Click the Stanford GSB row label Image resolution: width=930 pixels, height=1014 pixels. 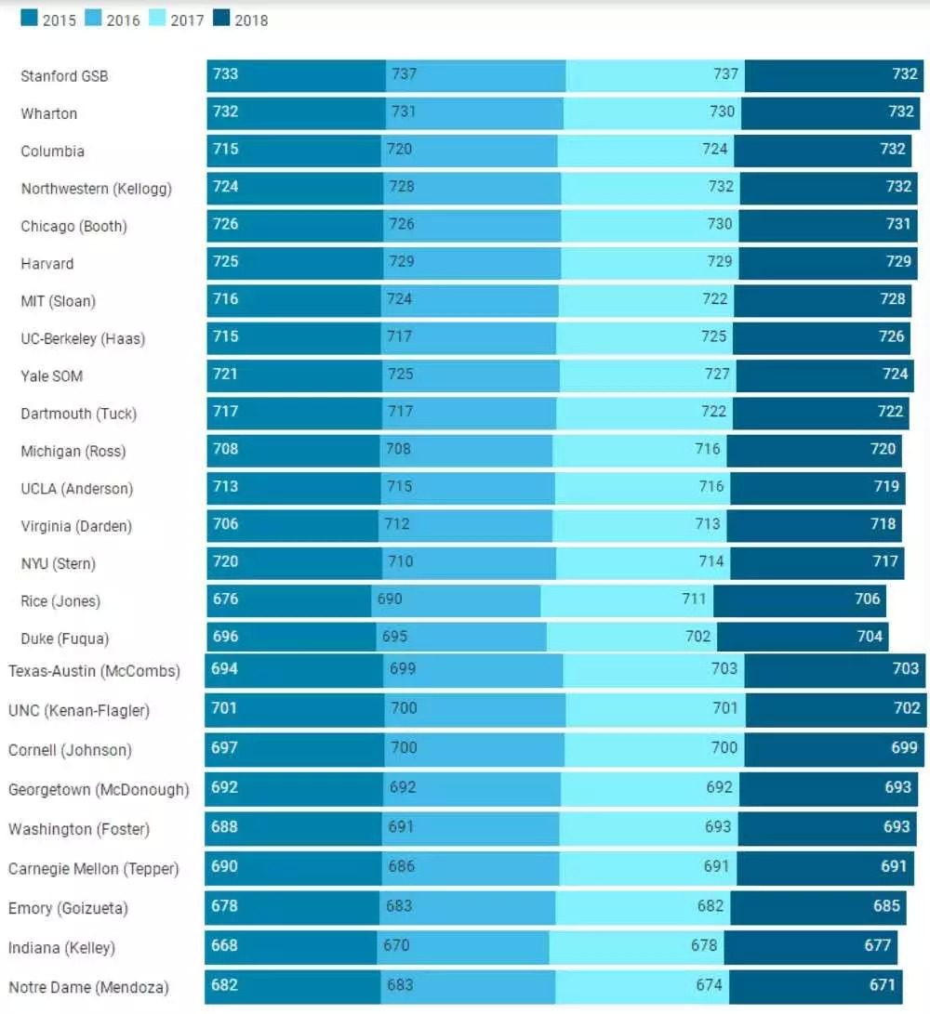coord(64,76)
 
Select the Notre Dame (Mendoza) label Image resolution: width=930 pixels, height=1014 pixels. coord(88,988)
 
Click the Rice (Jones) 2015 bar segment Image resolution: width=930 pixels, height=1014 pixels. coord(288,600)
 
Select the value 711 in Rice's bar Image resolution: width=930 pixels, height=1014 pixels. coord(694,599)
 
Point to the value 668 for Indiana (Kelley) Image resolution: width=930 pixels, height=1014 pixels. coord(225,946)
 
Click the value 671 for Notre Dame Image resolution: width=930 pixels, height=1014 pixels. coord(883,985)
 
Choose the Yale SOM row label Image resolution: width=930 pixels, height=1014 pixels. coord(52,376)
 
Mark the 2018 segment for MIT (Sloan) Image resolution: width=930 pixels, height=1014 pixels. coord(822,300)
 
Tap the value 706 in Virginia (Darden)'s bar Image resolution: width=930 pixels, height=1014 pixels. coord(225,524)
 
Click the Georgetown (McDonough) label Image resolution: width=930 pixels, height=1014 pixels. coord(99,790)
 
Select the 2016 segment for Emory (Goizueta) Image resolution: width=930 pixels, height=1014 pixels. coord(468,907)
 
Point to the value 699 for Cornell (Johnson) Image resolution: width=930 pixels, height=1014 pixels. coord(904,747)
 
